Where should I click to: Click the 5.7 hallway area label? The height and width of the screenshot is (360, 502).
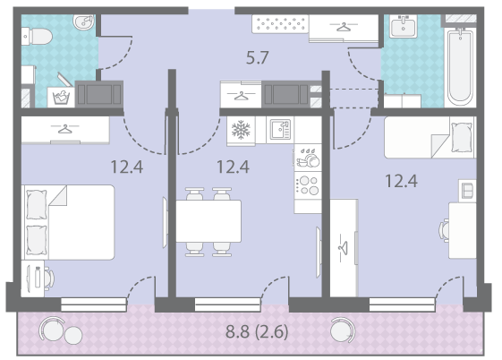pyautogui.click(x=257, y=58)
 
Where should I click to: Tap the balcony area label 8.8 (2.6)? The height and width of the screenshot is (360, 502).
pyautogui.click(x=257, y=331)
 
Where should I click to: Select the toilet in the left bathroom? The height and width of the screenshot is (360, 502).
pyautogui.click(x=37, y=36)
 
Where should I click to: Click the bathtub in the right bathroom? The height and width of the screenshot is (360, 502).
pyautogui.click(x=460, y=66)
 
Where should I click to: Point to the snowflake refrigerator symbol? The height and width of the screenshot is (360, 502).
pyautogui.click(x=241, y=130)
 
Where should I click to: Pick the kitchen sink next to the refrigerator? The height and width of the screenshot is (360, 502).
pyautogui.click(x=280, y=129)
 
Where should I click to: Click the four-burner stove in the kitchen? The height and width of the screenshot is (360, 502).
pyautogui.click(x=308, y=185)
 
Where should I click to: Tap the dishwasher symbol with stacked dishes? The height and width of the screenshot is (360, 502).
pyautogui.click(x=308, y=158)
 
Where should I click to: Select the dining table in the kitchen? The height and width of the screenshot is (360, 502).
pyautogui.click(x=208, y=221)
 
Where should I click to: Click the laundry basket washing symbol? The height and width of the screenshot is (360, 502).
pyautogui.click(x=61, y=97)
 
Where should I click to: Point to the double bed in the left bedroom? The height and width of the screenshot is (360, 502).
pyautogui.click(x=68, y=222)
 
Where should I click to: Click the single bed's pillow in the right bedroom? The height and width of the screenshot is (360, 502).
pyautogui.click(x=462, y=137)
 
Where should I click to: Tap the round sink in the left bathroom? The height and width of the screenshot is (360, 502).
pyautogui.click(x=84, y=21)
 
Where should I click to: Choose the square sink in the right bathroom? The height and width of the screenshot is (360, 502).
pyautogui.click(x=404, y=27)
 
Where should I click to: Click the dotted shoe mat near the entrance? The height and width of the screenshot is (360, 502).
pyautogui.click(x=280, y=23)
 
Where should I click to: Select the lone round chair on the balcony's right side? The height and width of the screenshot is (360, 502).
pyautogui.click(x=342, y=330)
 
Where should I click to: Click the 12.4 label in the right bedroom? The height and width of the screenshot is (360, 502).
pyautogui.click(x=401, y=181)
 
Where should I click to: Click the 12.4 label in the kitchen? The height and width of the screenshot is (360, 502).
pyautogui.click(x=233, y=167)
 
